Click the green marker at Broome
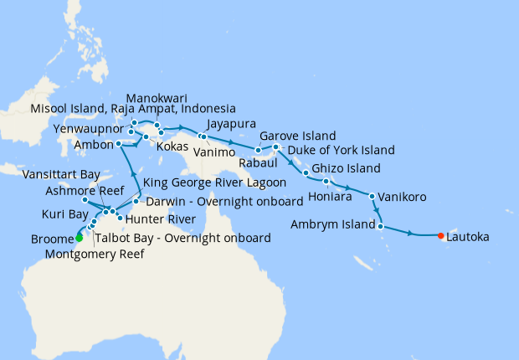[79, 238]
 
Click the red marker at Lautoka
[441, 236]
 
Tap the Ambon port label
[93, 143]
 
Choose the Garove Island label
[297, 135]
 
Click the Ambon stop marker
[119, 144]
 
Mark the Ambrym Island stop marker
[381, 225]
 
